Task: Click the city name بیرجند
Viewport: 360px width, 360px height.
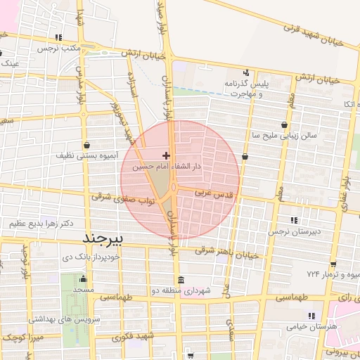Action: [103, 239]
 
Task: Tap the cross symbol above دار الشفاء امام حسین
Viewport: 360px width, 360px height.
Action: [166, 155]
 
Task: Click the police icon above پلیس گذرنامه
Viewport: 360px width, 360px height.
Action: [246, 72]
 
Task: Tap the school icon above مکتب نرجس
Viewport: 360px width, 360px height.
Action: [59, 37]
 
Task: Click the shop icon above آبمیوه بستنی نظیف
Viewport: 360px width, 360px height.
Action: [86, 141]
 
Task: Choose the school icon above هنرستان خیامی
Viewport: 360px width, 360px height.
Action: [311, 315]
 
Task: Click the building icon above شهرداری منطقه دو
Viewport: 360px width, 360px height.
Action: [181, 279]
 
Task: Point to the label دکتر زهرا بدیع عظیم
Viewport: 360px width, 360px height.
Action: [41, 223]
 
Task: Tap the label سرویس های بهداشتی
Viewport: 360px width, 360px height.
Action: [60, 319]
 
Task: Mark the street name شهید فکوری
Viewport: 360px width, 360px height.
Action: [131, 337]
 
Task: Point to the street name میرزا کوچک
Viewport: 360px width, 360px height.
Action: [20, 338]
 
